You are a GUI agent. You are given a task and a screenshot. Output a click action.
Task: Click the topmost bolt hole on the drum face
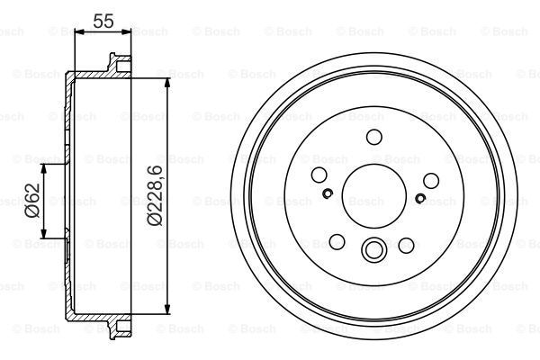(373, 137)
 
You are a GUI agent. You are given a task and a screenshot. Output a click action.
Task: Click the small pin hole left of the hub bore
(328, 193)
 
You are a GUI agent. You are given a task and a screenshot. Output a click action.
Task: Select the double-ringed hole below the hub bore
(373, 249)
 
